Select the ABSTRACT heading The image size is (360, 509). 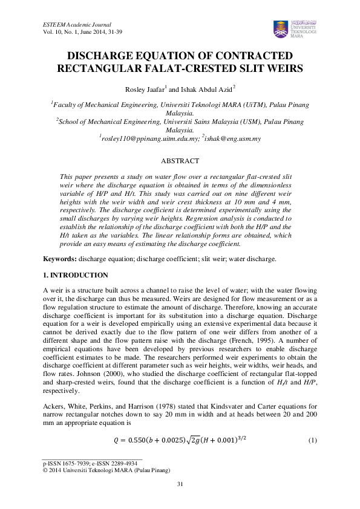click(180, 161)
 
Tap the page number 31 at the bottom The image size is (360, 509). click(180, 484)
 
